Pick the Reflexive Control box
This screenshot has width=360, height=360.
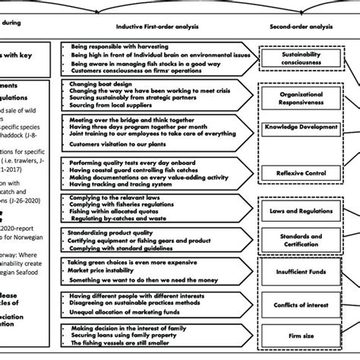pos(296,174)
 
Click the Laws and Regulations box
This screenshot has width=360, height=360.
pos(296,209)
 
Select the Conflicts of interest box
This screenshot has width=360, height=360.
pos(296,305)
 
